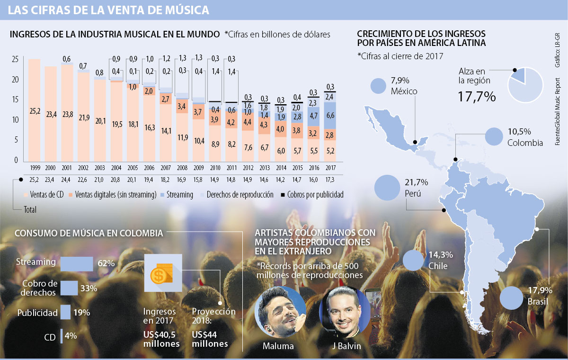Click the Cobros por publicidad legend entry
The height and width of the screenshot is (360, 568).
click(x=312, y=195)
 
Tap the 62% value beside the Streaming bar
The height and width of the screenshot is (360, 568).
click(x=106, y=263)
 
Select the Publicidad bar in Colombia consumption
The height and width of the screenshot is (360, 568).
click(x=65, y=312)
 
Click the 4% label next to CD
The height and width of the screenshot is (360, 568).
click(x=71, y=336)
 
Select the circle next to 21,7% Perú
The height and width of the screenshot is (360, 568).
click(x=386, y=187)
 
